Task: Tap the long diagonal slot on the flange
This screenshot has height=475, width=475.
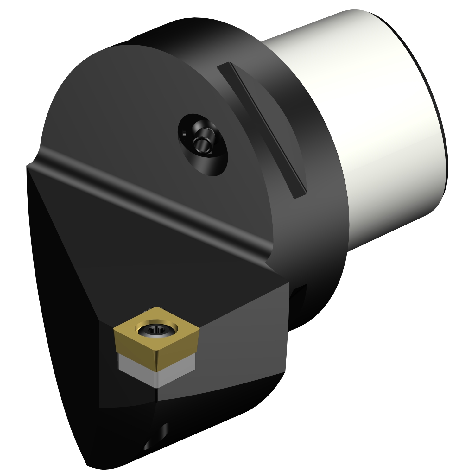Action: coord(263,130)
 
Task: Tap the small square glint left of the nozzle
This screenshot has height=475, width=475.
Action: coord(184,135)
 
